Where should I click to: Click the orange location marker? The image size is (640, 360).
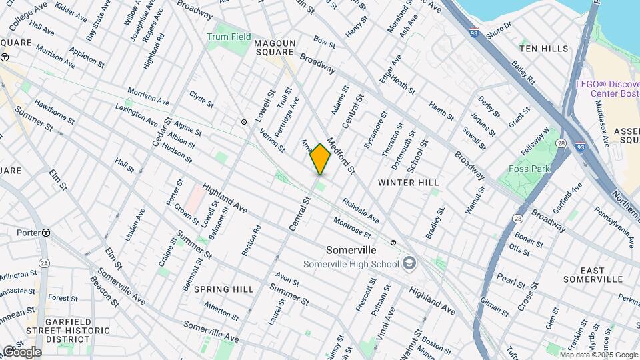point(321,159)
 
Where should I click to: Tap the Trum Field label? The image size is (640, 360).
point(229,37)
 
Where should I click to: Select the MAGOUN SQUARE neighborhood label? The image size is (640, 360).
point(274,47)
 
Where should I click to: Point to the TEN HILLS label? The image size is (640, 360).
point(544,49)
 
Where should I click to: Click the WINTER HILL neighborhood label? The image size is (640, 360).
point(409,182)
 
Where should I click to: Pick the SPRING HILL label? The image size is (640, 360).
point(224,289)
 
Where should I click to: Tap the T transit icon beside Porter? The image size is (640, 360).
point(46,233)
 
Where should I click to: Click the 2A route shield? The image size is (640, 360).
point(43,262)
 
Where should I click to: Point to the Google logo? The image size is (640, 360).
point(22,352)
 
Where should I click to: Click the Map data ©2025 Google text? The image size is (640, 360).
point(600,355)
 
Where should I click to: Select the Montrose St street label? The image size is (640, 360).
point(352,227)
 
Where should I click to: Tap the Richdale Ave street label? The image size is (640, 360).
point(361,210)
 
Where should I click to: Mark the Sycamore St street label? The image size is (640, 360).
point(375,134)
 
